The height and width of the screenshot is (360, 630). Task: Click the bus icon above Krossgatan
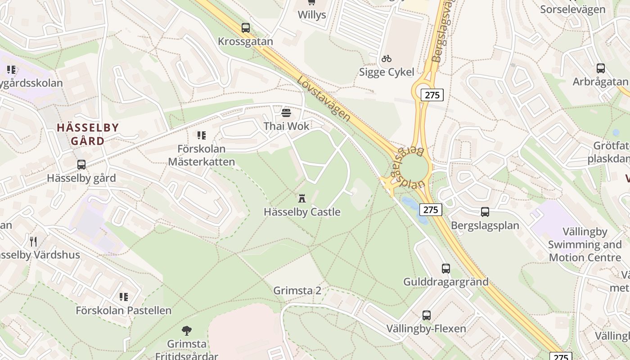click(245, 28)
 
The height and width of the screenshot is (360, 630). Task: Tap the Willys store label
click(311, 15)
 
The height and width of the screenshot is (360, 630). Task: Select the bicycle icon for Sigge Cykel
click(386, 58)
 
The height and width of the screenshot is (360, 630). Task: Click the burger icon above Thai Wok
click(286, 112)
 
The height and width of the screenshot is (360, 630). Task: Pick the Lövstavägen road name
click(324, 99)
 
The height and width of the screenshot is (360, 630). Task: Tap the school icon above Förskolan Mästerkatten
click(201, 135)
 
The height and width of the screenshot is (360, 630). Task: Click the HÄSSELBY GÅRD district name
click(88, 134)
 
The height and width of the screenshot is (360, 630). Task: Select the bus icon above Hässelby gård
click(81, 165)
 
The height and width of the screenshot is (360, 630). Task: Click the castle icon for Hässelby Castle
click(302, 198)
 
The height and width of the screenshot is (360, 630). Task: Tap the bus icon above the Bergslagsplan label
click(485, 211)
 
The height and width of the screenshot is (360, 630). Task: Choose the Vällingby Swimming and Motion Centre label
click(585, 245)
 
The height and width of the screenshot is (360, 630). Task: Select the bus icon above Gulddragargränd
click(445, 268)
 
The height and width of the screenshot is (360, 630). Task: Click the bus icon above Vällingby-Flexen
click(426, 315)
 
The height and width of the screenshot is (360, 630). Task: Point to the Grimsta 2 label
click(297, 290)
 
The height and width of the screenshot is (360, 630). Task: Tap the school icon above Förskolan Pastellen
click(123, 297)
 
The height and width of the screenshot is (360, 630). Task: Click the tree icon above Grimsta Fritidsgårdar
click(186, 331)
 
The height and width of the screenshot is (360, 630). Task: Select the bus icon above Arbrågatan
click(600, 68)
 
